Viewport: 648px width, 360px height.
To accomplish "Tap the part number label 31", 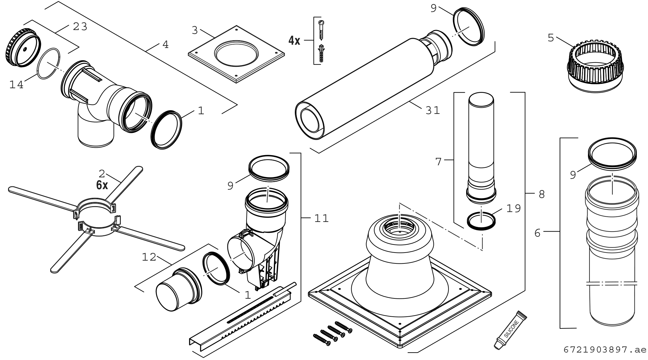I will point(433,110).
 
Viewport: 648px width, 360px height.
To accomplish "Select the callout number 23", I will point(80,27).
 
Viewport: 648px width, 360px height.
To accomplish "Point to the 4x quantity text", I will point(294,41).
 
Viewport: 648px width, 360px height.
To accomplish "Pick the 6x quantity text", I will point(102,185).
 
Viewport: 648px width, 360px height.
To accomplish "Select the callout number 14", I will point(16,85).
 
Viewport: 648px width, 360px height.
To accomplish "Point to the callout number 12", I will point(149,257).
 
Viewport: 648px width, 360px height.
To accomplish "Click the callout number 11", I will point(321,219).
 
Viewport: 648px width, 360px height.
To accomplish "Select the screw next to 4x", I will point(321,30).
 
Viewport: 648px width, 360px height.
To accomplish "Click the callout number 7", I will point(438,162).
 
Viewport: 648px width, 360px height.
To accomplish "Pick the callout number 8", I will point(541,194).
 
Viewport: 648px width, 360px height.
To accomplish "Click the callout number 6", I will point(537,233).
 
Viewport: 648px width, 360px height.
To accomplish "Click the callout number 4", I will point(165,45).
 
